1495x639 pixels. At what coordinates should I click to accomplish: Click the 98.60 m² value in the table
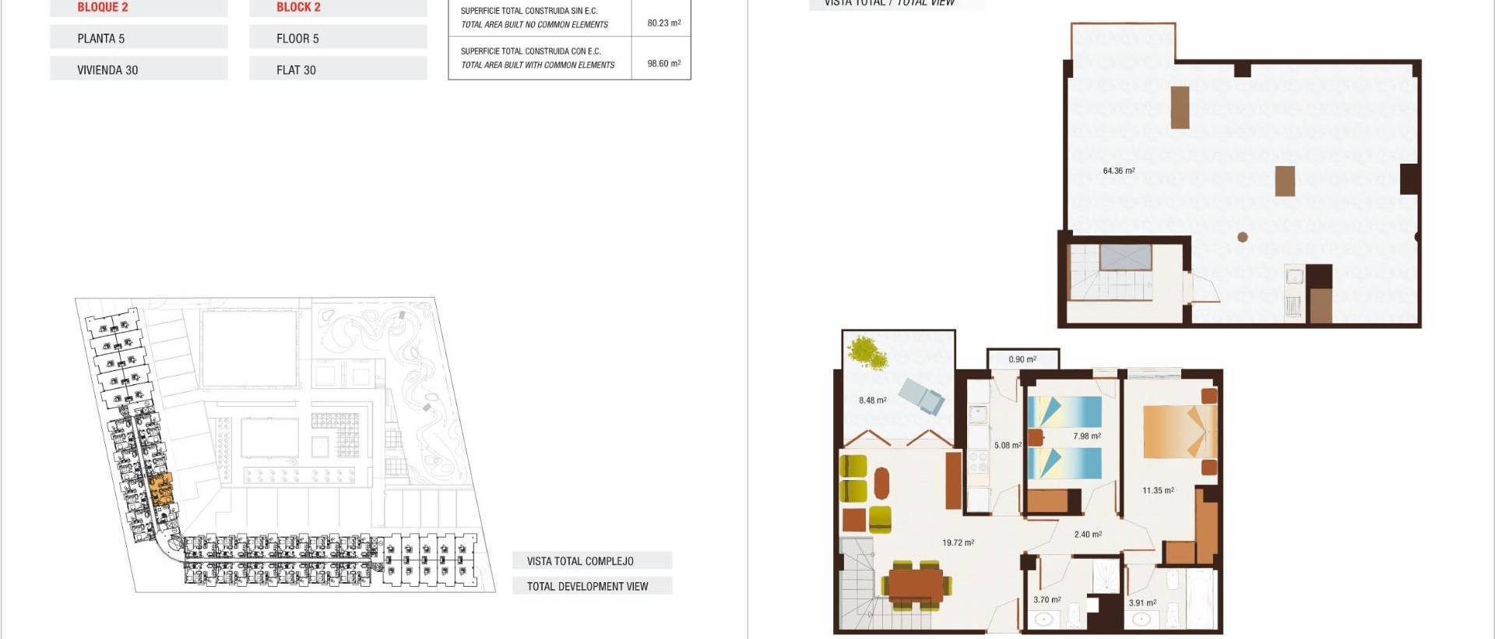coord(663,64)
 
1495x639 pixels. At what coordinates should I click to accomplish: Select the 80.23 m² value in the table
coord(663,23)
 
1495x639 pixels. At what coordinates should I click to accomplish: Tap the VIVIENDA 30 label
coord(107,70)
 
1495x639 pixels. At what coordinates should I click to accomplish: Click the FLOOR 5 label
coord(297,39)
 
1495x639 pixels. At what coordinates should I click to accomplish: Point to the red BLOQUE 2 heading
coord(103,8)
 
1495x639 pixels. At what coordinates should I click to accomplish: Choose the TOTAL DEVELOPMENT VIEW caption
coord(587,587)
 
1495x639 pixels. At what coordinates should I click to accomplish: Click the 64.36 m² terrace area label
coord(1118,171)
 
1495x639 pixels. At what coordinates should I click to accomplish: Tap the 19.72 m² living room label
coord(958,542)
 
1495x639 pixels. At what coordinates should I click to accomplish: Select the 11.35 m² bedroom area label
coord(1158,490)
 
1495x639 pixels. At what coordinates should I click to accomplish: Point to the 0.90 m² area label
coord(1022,359)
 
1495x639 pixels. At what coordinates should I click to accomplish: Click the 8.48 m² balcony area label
coord(872,401)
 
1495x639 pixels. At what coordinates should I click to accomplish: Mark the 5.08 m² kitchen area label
coord(1008,446)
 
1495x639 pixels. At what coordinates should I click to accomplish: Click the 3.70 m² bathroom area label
coord(1046,600)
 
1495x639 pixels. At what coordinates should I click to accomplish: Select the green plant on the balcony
coord(868,352)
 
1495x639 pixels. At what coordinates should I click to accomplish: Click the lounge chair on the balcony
coord(922,396)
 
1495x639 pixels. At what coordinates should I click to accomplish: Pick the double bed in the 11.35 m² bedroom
coord(1179,432)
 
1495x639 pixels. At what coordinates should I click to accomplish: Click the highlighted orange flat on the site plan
coord(160,489)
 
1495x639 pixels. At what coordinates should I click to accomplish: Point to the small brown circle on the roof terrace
coord(1243,237)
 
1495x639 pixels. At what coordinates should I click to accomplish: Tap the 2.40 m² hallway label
coord(1088,535)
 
